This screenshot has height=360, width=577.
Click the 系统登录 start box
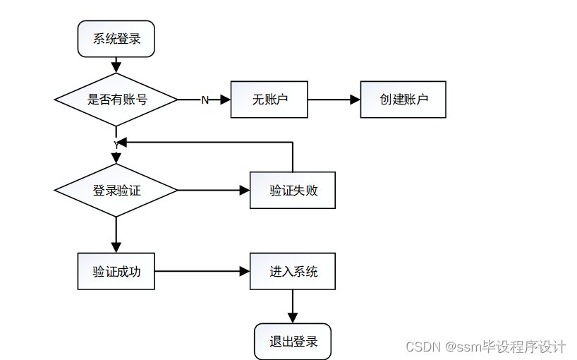[x=116, y=39]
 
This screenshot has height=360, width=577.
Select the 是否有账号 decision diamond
[x=116, y=100]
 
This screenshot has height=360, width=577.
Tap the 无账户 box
[x=269, y=100]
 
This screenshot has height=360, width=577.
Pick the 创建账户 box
[x=403, y=100]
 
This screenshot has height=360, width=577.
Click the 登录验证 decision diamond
[x=116, y=191]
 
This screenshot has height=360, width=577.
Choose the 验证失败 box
[x=293, y=191]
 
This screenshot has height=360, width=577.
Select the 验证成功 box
[x=116, y=271]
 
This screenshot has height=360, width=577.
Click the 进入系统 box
[x=293, y=271]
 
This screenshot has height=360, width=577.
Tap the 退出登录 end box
[x=293, y=342]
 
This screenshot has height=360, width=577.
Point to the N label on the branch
[x=205, y=100]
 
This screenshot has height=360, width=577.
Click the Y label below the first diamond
[x=116, y=145]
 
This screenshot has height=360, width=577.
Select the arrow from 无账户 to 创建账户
[x=334, y=100]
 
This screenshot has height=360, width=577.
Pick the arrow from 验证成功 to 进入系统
[x=202, y=271]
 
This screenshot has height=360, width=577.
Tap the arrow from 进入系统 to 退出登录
[x=293, y=306]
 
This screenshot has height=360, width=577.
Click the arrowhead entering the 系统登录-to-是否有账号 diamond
[x=116, y=68]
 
